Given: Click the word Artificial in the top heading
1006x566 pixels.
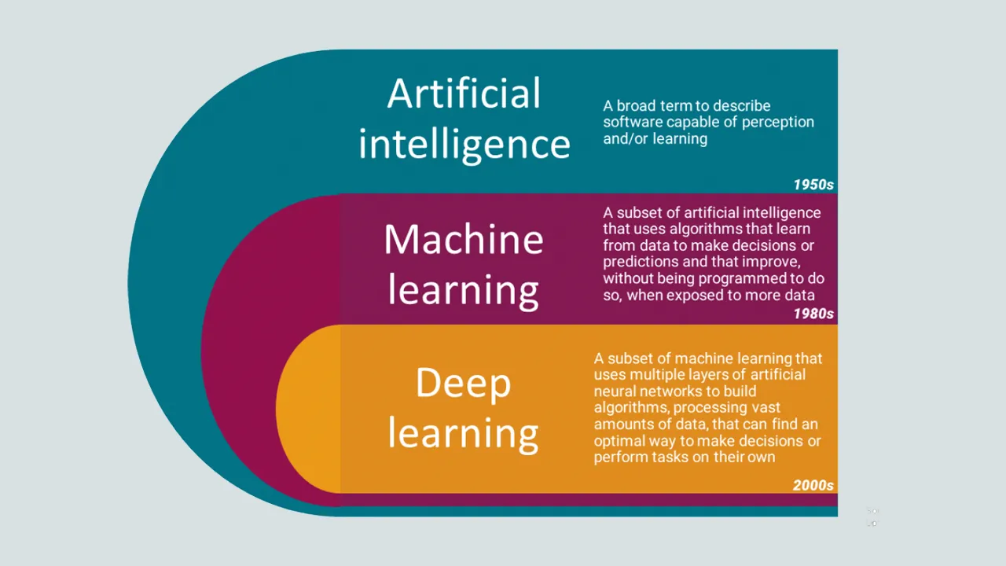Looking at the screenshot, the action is click(464, 93).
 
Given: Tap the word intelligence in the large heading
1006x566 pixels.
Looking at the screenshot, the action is click(464, 145).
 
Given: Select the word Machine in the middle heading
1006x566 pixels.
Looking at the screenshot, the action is click(464, 239).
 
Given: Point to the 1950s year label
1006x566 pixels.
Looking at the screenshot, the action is click(813, 185).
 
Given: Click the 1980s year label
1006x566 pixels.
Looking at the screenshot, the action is click(813, 314).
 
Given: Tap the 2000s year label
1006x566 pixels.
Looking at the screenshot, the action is click(813, 485).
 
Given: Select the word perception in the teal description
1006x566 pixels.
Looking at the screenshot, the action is click(778, 122).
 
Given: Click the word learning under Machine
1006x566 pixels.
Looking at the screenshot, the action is click(464, 291).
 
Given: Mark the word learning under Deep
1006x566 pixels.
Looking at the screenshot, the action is click(464, 434).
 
